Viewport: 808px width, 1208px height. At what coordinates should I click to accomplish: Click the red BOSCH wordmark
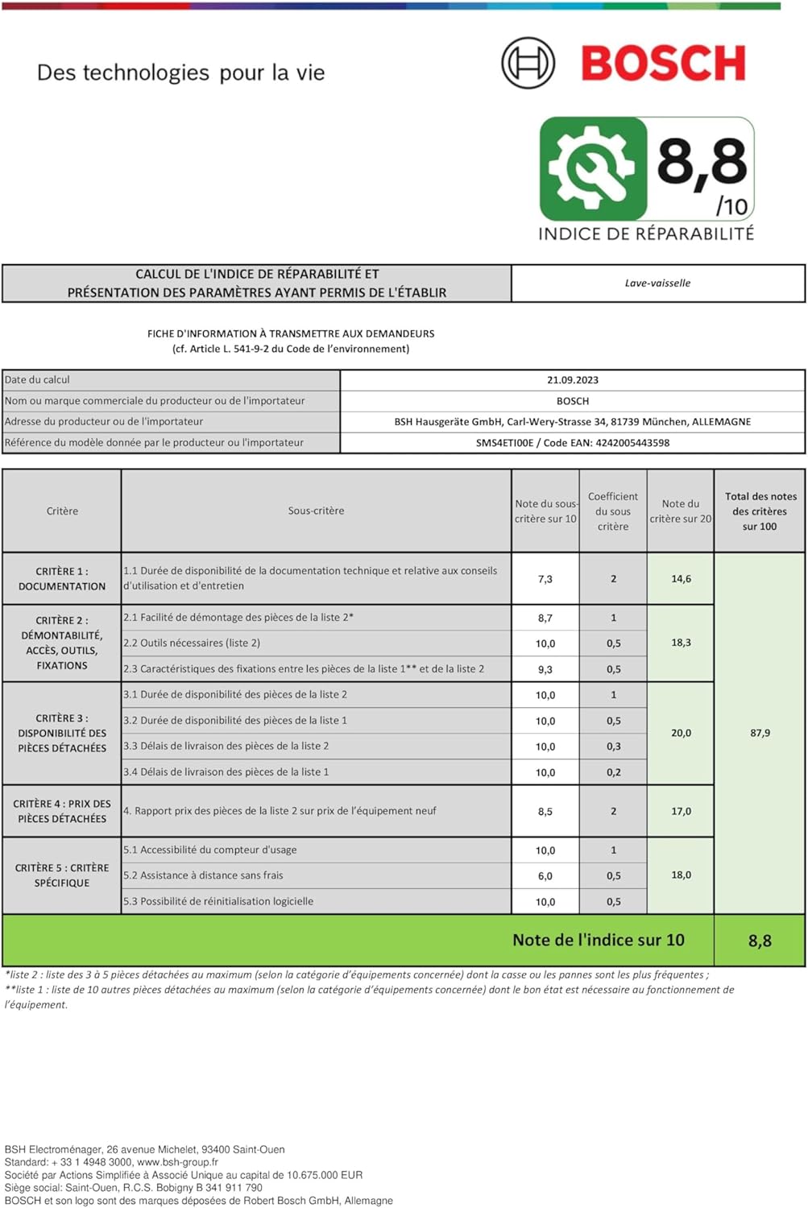tap(663, 64)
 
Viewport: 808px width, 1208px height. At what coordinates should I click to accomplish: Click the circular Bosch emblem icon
tap(528, 63)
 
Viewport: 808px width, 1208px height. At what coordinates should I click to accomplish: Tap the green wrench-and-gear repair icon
tap(593, 168)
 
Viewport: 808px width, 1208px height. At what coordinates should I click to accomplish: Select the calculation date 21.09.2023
tap(572, 380)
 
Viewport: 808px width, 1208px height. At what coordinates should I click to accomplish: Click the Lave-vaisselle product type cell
tap(657, 283)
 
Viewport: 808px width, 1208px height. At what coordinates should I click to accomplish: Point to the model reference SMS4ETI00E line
tap(572, 443)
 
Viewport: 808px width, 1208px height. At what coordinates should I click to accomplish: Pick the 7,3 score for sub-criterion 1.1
tap(545, 579)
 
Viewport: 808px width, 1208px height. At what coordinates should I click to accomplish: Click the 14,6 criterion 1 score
tap(681, 579)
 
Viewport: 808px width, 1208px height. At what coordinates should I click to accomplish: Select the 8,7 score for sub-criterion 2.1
tap(545, 618)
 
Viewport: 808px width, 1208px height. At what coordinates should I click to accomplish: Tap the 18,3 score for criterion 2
tap(681, 643)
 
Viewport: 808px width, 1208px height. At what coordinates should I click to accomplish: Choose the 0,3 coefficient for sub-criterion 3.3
tap(613, 747)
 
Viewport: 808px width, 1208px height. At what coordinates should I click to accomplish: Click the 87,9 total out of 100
tap(760, 733)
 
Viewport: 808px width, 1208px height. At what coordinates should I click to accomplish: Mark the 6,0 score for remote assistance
tap(545, 876)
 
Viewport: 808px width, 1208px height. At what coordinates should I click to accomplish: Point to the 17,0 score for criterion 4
tap(681, 812)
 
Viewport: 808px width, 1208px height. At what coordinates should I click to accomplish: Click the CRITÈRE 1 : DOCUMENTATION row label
tap(62, 579)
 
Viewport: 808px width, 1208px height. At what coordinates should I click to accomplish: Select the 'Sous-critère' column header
tap(316, 511)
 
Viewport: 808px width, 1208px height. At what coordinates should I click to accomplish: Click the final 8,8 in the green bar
tap(760, 941)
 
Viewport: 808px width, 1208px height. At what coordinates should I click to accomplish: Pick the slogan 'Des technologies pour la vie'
tap(181, 73)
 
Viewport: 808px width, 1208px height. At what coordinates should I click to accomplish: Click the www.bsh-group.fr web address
tap(177, 1162)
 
